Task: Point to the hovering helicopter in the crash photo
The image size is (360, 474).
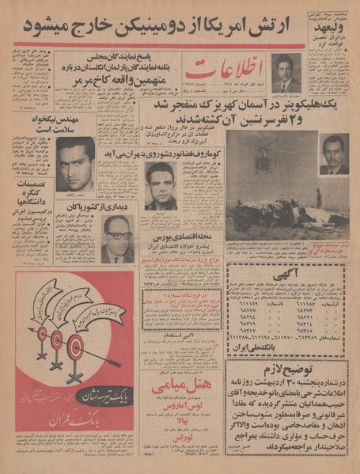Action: (x=263, y=155)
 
